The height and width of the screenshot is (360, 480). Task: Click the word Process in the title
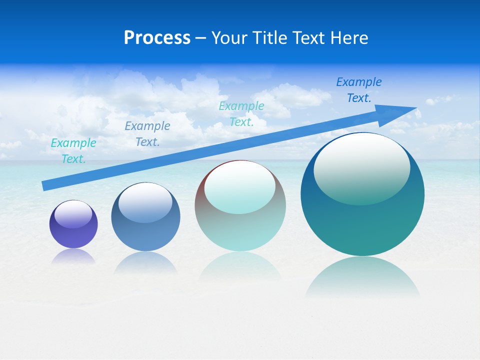click(x=157, y=38)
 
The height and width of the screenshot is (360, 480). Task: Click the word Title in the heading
click(x=268, y=38)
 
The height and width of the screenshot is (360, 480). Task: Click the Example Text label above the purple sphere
click(x=73, y=150)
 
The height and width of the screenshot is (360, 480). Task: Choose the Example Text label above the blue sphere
click(x=147, y=133)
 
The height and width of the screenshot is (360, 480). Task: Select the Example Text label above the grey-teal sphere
click(x=241, y=113)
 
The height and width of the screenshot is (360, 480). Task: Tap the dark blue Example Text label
click(x=358, y=89)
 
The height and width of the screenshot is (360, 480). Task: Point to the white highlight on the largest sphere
click(x=361, y=167)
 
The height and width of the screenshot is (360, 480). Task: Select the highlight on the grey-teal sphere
click(x=239, y=186)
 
